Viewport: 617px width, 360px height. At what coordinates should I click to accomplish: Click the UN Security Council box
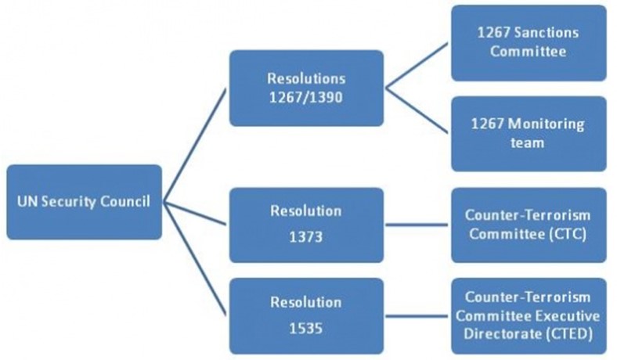click(85, 202)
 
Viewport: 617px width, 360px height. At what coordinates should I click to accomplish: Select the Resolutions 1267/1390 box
click(306, 88)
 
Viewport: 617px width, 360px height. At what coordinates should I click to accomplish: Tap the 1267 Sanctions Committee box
click(529, 43)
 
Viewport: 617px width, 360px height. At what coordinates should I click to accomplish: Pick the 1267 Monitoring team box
click(529, 134)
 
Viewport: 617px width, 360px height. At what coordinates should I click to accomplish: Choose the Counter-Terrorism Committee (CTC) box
click(529, 225)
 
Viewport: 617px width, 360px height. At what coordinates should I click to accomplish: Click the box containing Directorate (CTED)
click(529, 316)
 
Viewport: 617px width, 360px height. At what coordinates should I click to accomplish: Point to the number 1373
click(305, 237)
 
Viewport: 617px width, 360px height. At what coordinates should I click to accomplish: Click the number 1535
click(305, 328)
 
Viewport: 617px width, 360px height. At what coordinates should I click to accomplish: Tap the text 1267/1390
click(305, 97)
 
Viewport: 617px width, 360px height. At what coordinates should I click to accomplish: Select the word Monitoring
click(547, 124)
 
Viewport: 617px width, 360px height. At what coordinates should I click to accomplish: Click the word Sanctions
click(547, 32)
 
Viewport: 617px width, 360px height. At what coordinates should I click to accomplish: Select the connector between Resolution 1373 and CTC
click(417, 225)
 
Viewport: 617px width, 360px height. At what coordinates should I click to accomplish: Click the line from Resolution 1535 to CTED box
click(417, 316)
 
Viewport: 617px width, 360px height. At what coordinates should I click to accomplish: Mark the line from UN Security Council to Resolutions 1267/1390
click(195, 146)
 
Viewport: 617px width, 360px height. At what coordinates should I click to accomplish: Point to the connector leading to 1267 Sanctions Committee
click(417, 66)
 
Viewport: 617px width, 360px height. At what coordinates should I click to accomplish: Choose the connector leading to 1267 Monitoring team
click(417, 110)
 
